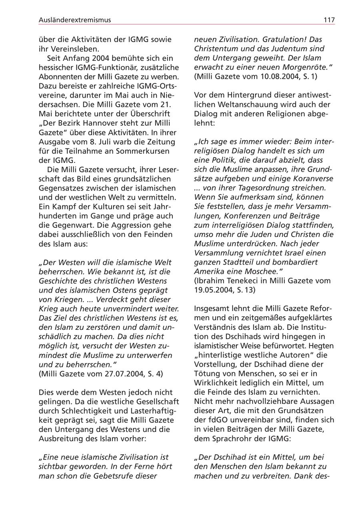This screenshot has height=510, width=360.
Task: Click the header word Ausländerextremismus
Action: (x=75, y=20)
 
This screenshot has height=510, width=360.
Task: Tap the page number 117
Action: (x=329, y=20)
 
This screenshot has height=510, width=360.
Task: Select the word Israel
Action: (x=293, y=253)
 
